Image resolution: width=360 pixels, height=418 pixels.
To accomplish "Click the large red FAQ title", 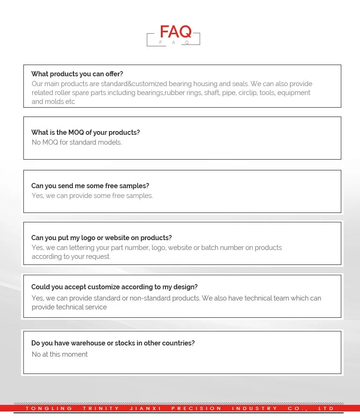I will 175,32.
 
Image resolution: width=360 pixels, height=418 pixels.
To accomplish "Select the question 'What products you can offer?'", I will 77,74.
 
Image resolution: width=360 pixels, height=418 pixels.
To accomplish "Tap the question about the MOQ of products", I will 86,132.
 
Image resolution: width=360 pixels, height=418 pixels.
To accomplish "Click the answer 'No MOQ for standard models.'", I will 77,142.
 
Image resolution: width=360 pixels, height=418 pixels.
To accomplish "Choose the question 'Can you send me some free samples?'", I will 90,186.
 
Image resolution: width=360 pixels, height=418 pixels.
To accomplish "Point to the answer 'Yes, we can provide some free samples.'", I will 92,196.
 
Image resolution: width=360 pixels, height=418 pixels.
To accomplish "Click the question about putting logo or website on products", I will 101,238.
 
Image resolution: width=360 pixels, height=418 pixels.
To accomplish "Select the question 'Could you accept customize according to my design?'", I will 115,287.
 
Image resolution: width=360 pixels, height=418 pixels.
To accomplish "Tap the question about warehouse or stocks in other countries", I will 113,343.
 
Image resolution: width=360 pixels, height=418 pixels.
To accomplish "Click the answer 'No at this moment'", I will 59,354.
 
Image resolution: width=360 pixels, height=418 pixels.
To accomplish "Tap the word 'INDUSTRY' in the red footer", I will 254,409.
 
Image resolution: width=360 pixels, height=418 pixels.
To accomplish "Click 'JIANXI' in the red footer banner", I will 145,409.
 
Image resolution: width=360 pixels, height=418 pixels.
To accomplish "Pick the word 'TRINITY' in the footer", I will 101,409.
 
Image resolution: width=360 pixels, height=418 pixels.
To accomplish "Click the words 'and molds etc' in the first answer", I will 53,102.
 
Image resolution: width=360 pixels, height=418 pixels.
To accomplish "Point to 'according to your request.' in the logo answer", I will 71,257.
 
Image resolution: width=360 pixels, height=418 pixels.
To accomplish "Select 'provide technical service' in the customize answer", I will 69,307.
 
